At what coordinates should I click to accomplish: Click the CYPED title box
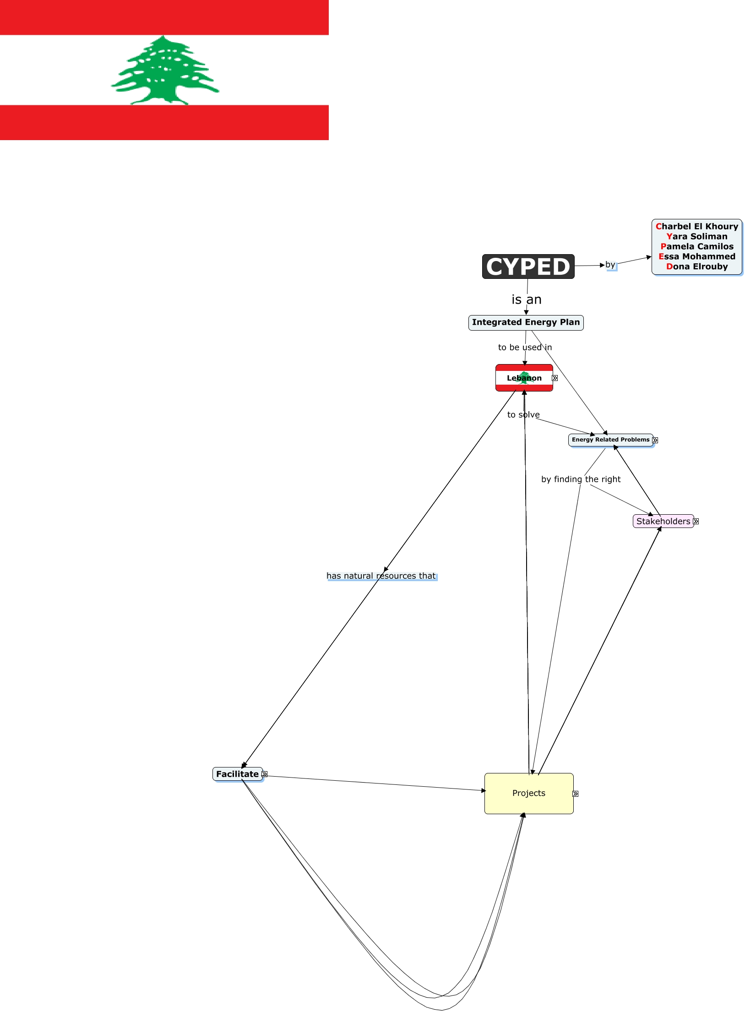point(528,267)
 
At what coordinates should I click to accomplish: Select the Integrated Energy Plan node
point(526,322)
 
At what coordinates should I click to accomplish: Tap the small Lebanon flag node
point(524,378)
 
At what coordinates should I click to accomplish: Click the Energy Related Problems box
point(610,440)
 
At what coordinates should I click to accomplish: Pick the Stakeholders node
point(663,521)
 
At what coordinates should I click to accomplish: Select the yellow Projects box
point(528,793)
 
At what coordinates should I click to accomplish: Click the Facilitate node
point(237,774)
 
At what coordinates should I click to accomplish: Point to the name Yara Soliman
point(696,236)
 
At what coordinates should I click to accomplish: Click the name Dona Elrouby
point(696,267)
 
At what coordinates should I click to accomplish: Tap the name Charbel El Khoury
point(696,226)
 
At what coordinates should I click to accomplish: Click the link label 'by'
point(610,265)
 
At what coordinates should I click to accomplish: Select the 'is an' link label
point(526,299)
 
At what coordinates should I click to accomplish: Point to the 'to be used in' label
point(525,347)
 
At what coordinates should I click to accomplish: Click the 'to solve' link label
point(523,414)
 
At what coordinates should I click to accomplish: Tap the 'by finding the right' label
point(581,479)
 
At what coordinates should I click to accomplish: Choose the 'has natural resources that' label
point(381,576)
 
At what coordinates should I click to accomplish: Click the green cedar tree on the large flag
point(165,71)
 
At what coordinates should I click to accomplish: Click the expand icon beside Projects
point(576,794)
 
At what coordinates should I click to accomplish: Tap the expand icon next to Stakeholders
point(696,521)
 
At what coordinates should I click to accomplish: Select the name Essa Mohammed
point(696,256)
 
